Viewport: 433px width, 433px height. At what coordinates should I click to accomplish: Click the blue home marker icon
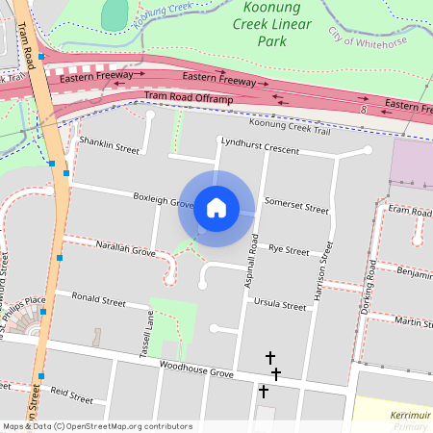tap(216, 208)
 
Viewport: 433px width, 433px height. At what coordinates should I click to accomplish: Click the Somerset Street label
tap(296, 205)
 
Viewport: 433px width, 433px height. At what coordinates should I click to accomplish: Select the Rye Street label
tap(289, 250)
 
